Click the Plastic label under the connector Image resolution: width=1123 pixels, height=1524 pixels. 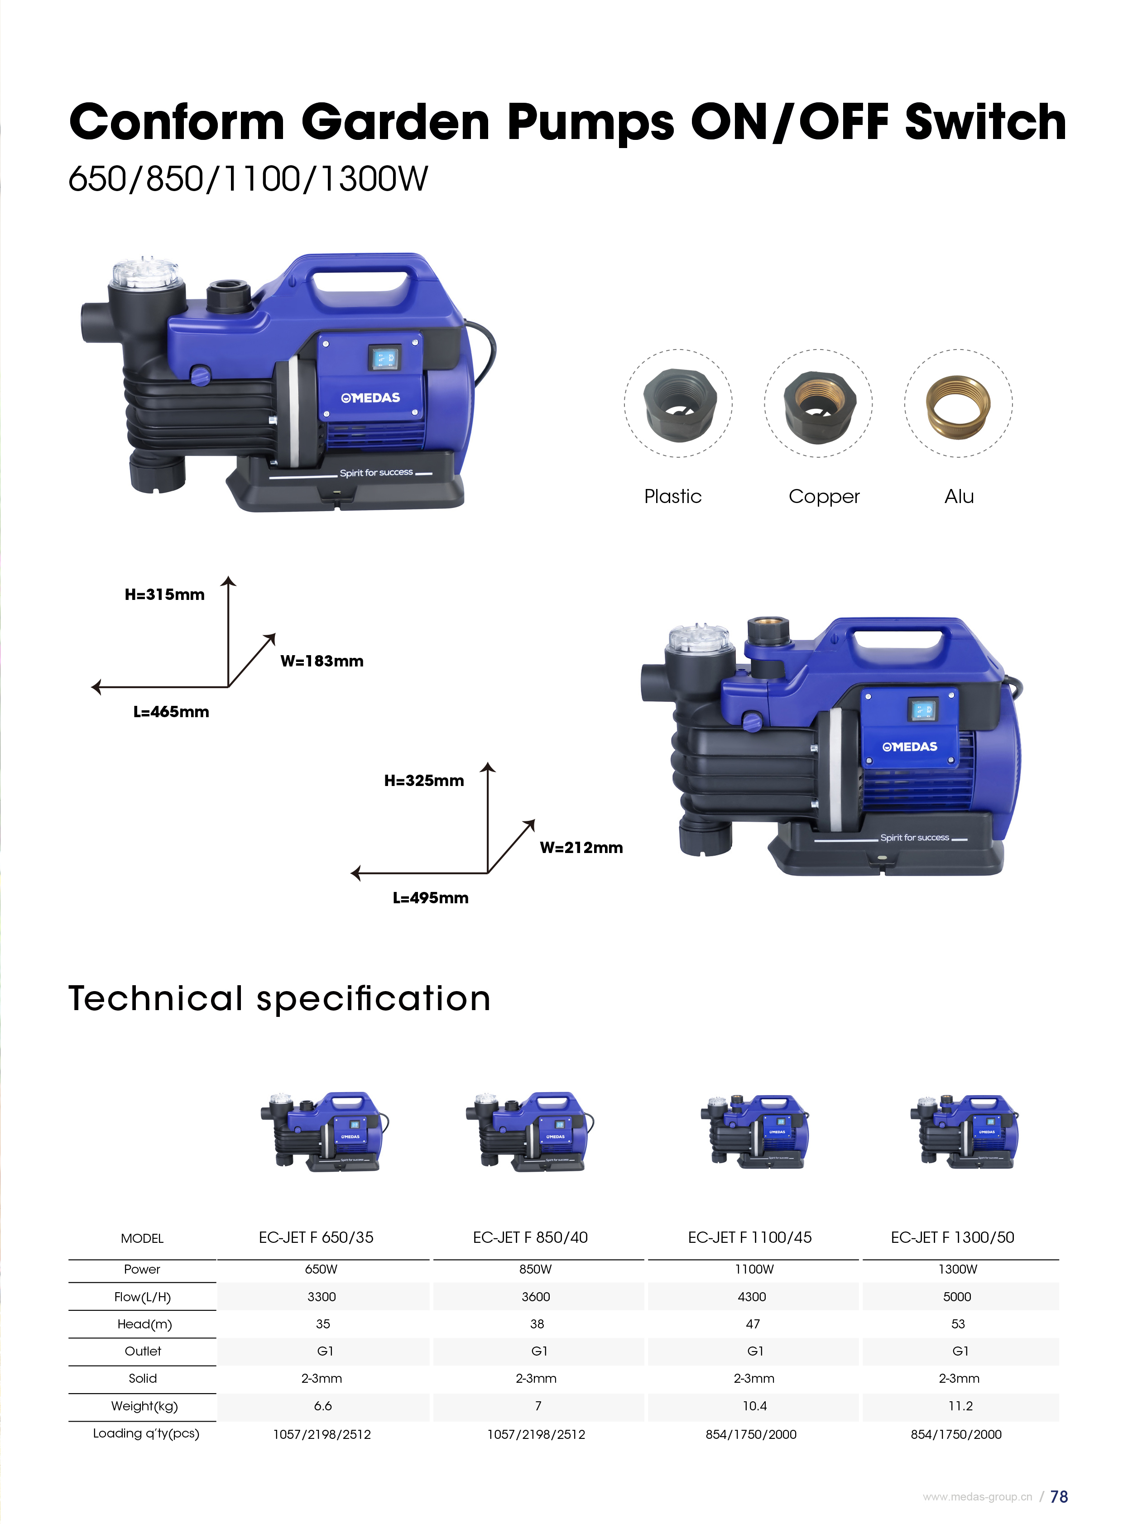[x=672, y=496]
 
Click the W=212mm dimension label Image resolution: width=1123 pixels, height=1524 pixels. [x=581, y=847]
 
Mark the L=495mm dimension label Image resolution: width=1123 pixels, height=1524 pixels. [x=430, y=897]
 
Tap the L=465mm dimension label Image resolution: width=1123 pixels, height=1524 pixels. [x=171, y=712]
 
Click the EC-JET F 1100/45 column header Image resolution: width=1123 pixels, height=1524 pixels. [x=750, y=1237]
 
